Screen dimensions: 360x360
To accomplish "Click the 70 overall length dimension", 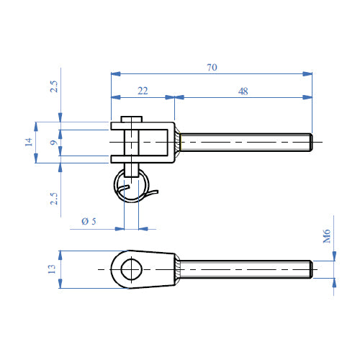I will [212, 67].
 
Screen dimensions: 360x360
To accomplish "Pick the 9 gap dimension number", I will [53, 142].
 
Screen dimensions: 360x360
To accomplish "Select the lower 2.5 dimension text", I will [53, 197].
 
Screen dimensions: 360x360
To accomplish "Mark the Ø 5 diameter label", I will [89, 221].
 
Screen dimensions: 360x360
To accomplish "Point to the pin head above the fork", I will [132, 120].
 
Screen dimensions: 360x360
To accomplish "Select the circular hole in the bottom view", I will [132, 269].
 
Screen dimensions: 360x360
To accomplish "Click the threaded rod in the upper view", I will [245, 141].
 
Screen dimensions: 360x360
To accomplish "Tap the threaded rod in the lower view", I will [245, 269].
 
